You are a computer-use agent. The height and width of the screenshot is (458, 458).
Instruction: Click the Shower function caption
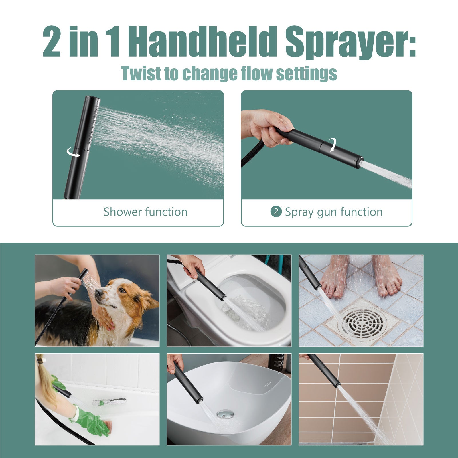coord(145,212)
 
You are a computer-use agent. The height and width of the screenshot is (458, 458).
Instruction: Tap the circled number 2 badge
coord(276,212)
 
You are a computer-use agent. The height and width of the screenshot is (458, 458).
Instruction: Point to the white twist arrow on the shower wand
coord(73,153)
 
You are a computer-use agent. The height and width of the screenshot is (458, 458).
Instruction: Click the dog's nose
coord(97,292)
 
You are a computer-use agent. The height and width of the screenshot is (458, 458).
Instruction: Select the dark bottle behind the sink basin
coord(277,363)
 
